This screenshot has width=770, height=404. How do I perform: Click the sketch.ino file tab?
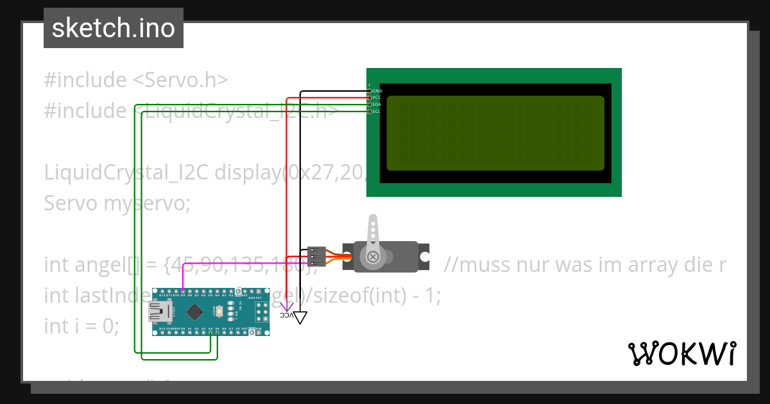tap(113, 28)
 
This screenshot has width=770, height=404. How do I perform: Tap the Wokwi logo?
tap(681, 353)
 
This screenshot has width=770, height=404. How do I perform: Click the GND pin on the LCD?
tap(369, 91)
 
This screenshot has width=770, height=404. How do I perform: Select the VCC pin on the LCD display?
tap(369, 97)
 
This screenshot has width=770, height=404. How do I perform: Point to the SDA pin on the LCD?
tap(369, 105)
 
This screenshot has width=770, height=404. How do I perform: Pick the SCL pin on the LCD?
tap(369, 112)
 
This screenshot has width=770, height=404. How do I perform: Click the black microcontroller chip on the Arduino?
tap(193, 312)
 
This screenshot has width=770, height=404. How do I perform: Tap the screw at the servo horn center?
tap(373, 257)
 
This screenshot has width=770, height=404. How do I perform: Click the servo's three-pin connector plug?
tap(316, 257)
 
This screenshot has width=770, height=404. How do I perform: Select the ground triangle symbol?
tap(300, 317)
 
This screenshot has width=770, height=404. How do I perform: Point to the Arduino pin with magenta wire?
tap(183, 295)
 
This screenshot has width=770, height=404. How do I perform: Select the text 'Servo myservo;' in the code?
tap(117, 203)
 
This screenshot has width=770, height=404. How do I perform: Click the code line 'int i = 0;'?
tap(81, 326)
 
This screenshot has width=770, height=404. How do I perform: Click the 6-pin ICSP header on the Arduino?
tap(261, 312)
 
